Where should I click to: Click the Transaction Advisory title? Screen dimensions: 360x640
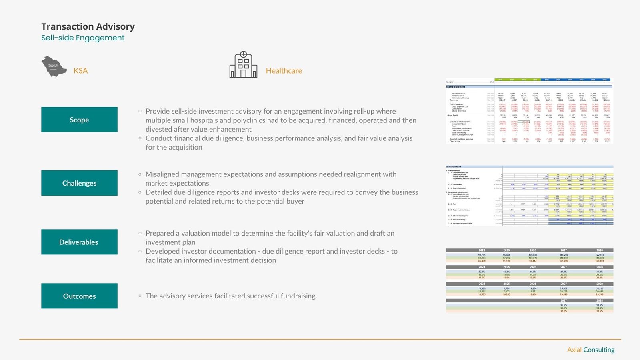click(88, 26)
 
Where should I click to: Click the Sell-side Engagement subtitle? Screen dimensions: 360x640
click(83, 38)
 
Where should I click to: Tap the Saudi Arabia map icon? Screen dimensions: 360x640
click(54, 67)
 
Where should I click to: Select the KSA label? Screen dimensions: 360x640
click(80, 71)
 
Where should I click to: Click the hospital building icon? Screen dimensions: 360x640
click(243, 65)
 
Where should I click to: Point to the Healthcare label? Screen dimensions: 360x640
click(284, 71)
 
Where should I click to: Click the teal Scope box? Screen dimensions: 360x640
click(79, 120)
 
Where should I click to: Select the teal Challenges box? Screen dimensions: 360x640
click(79, 183)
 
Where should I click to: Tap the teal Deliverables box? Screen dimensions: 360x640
click(79, 242)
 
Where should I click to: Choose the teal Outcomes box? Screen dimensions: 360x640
click(79, 296)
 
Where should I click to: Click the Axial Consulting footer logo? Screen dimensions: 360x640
click(591, 350)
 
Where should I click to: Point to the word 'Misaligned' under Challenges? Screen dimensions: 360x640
click(163, 174)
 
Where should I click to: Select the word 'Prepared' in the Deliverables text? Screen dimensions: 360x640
click(162, 233)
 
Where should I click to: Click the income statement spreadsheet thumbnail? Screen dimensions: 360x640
click(529, 111)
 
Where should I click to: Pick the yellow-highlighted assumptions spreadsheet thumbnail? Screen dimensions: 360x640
click(529, 195)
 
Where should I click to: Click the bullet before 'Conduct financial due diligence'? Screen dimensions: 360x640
click(140, 138)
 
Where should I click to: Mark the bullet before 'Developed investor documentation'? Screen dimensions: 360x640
click(140, 251)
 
